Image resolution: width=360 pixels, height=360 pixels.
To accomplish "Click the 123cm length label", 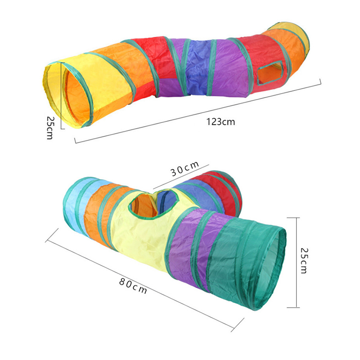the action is [220, 121].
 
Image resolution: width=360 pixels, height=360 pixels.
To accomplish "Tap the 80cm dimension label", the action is [133, 286].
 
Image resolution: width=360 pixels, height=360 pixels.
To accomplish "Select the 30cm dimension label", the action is [184, 168].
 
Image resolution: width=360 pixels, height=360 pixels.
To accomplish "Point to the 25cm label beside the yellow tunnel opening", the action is [50, 128].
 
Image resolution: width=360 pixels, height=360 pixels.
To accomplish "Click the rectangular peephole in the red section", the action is [270, 73].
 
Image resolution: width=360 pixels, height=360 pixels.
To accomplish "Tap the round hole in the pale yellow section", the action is [153, 203].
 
